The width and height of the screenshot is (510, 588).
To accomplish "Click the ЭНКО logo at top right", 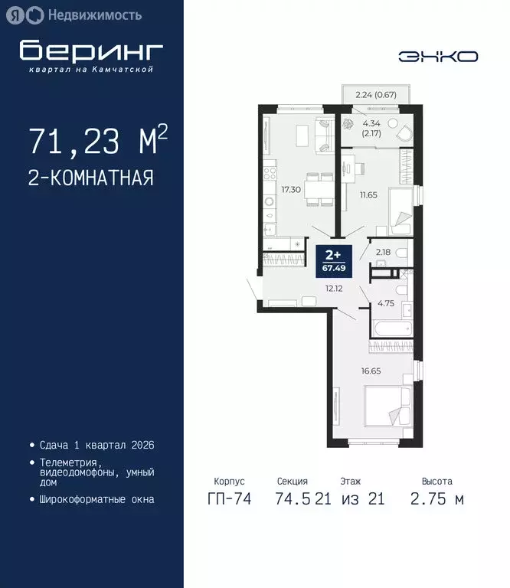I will coord(438,56).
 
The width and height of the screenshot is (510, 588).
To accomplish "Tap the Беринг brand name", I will coord(91,51).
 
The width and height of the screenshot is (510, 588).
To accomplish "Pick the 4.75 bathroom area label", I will coord(384,302).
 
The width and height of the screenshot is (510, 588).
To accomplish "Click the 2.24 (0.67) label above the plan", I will coord(375,95).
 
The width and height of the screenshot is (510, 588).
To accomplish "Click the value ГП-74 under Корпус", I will coord(227,500).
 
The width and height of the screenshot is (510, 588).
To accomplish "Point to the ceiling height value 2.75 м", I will coord(437,500).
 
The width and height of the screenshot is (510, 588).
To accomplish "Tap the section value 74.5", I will coord(293,500).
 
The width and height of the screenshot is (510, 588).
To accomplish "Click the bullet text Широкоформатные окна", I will coord(96,499).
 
